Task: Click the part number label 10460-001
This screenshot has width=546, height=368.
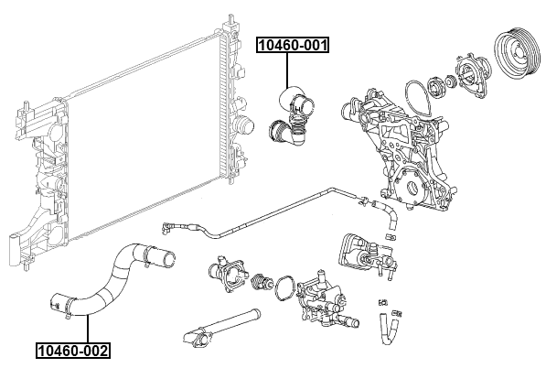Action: pos(292,44)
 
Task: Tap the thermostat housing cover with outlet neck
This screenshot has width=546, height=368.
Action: pos(224,275)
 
